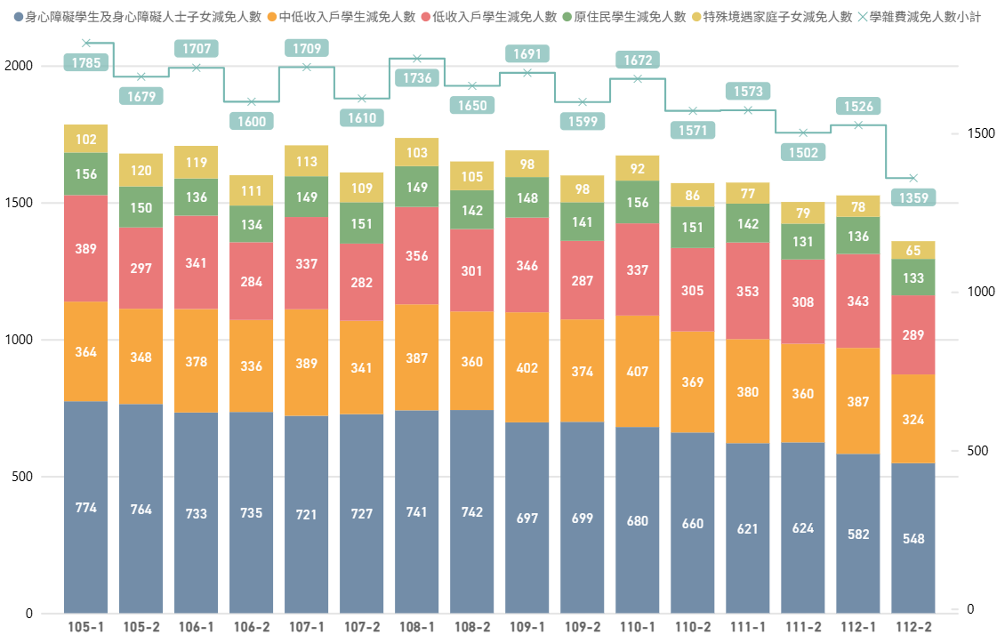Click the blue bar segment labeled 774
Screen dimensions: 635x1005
coord(86,507)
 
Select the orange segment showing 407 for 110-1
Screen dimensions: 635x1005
coord(638,371)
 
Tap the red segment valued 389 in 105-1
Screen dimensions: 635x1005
coord(86,249)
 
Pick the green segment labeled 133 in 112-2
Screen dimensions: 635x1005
coord(913,277)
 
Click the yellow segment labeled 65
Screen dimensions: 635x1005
coord(913,251)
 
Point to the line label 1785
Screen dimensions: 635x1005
coord(86,62)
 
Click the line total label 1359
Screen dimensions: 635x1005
coord(913,197)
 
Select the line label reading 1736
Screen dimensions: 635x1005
coord(417,78)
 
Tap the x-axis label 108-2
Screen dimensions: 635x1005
coord(472,626)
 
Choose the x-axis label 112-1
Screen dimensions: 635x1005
coord(858,626)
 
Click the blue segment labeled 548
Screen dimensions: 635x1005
coord(913,538)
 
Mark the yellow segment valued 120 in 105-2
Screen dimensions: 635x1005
coord(141,171)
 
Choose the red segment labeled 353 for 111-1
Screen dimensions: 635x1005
coord(748,290)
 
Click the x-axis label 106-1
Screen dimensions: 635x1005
coord(197,626)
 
